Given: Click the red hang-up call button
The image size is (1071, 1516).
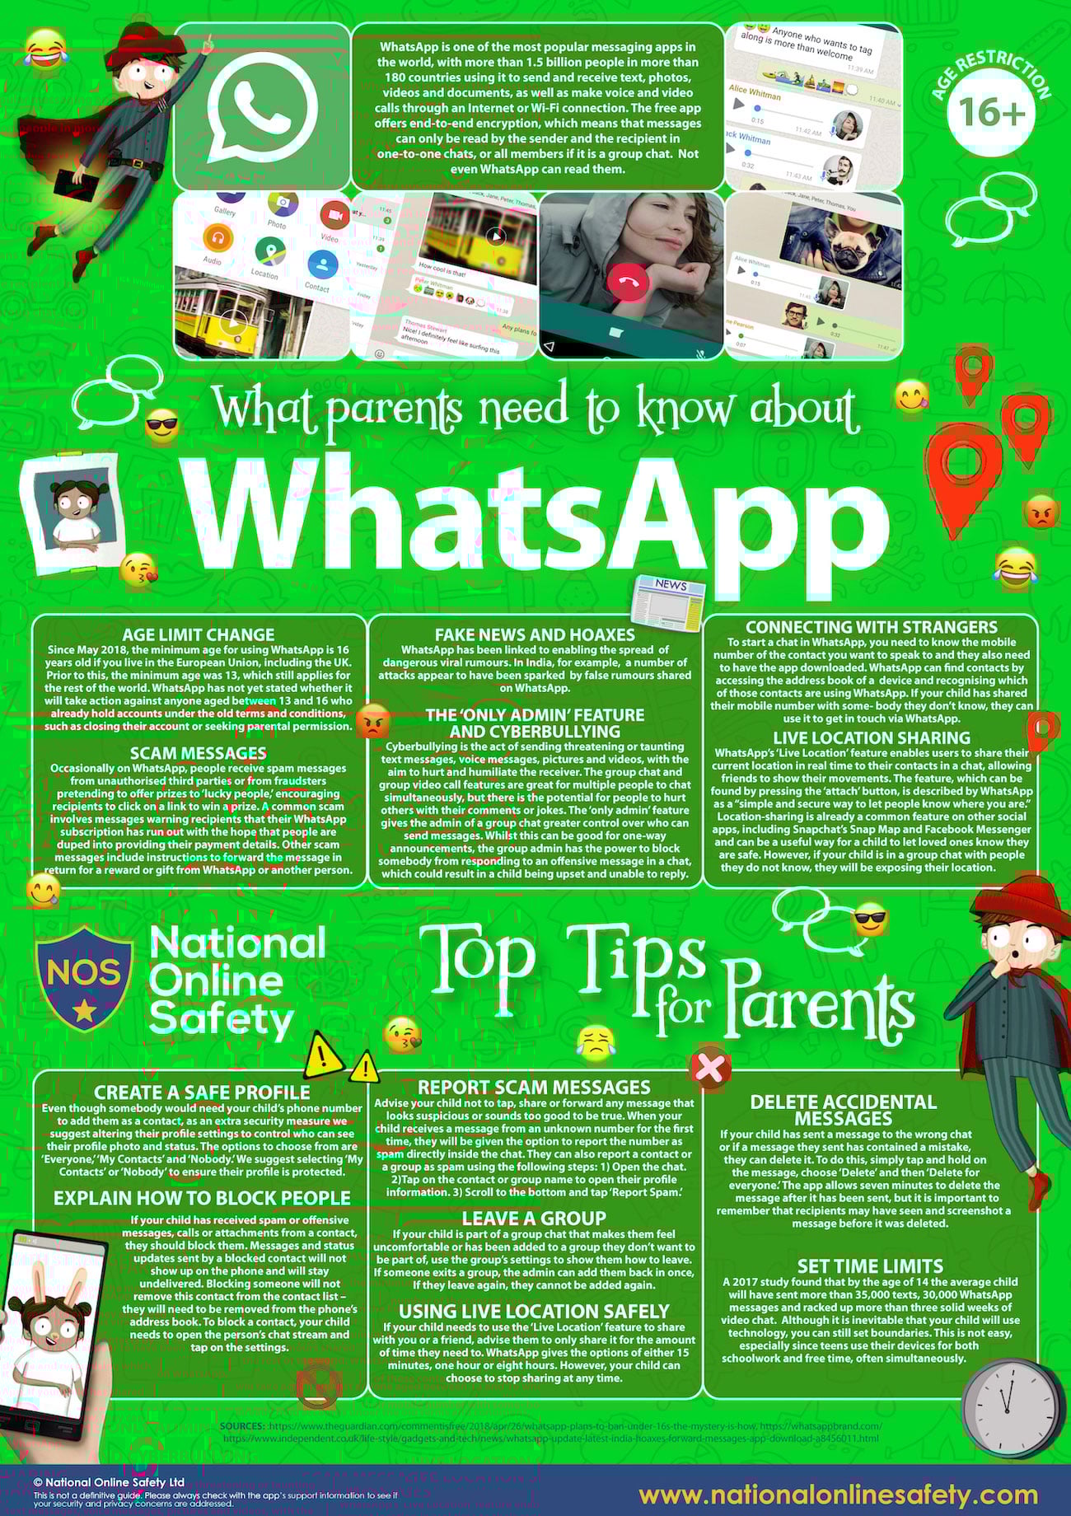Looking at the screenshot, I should click(x=628, y=283).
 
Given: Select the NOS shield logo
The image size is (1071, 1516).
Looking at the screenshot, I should click(x=85, y=977).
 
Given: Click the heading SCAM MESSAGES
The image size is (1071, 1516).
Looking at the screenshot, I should click(x=199, y=753).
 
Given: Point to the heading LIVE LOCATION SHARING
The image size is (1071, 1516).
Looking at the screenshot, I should click(x=872, y=738).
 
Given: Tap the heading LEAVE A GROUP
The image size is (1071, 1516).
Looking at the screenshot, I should click(x=534, y=1218).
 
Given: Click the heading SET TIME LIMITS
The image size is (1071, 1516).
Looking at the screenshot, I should click(x=870, y=1266).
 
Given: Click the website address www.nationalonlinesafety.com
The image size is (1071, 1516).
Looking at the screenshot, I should click(x=838, y=1495).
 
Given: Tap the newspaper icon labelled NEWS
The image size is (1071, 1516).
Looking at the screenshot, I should click(x=668, y=599).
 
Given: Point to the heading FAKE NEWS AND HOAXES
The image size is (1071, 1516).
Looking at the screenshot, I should click(x=535, y=634).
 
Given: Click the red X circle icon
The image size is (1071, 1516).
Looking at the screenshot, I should click(x=709, y=1069).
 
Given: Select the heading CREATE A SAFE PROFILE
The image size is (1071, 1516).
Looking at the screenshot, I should click(x=202, y=1093).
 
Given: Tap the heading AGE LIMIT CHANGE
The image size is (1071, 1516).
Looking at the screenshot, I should click(x=199, y=634).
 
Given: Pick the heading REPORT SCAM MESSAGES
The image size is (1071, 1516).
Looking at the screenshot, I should click(x=534, y=1088).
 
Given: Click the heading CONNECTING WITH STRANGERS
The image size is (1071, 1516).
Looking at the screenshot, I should click(x=872, y=627).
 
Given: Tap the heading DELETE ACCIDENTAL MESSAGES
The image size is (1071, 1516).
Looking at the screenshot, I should click(x=844, y=1110).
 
